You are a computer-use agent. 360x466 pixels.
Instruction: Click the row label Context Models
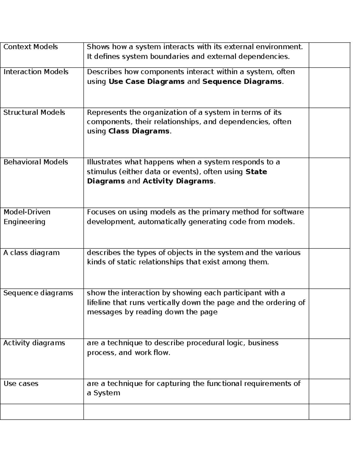(31, 47)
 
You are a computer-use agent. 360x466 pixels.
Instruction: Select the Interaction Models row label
(36, 72)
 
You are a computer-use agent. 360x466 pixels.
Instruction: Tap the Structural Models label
(34, 113)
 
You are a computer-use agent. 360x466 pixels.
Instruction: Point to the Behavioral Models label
(36, 162)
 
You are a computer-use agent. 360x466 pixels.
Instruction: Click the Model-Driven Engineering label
(27, 217)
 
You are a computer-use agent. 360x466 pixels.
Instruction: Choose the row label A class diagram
(31, 253)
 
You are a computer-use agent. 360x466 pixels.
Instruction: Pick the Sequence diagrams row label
(38, 293)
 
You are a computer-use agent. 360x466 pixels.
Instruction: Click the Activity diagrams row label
(34, 343)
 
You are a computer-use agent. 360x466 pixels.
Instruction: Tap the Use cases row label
(21, 383)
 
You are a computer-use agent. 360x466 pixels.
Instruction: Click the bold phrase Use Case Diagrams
(146, 82)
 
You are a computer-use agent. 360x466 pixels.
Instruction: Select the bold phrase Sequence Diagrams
(242, 82)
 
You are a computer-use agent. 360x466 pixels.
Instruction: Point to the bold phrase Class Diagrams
(139, 131)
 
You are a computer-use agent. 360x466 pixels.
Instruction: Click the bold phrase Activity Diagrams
(178, 181)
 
